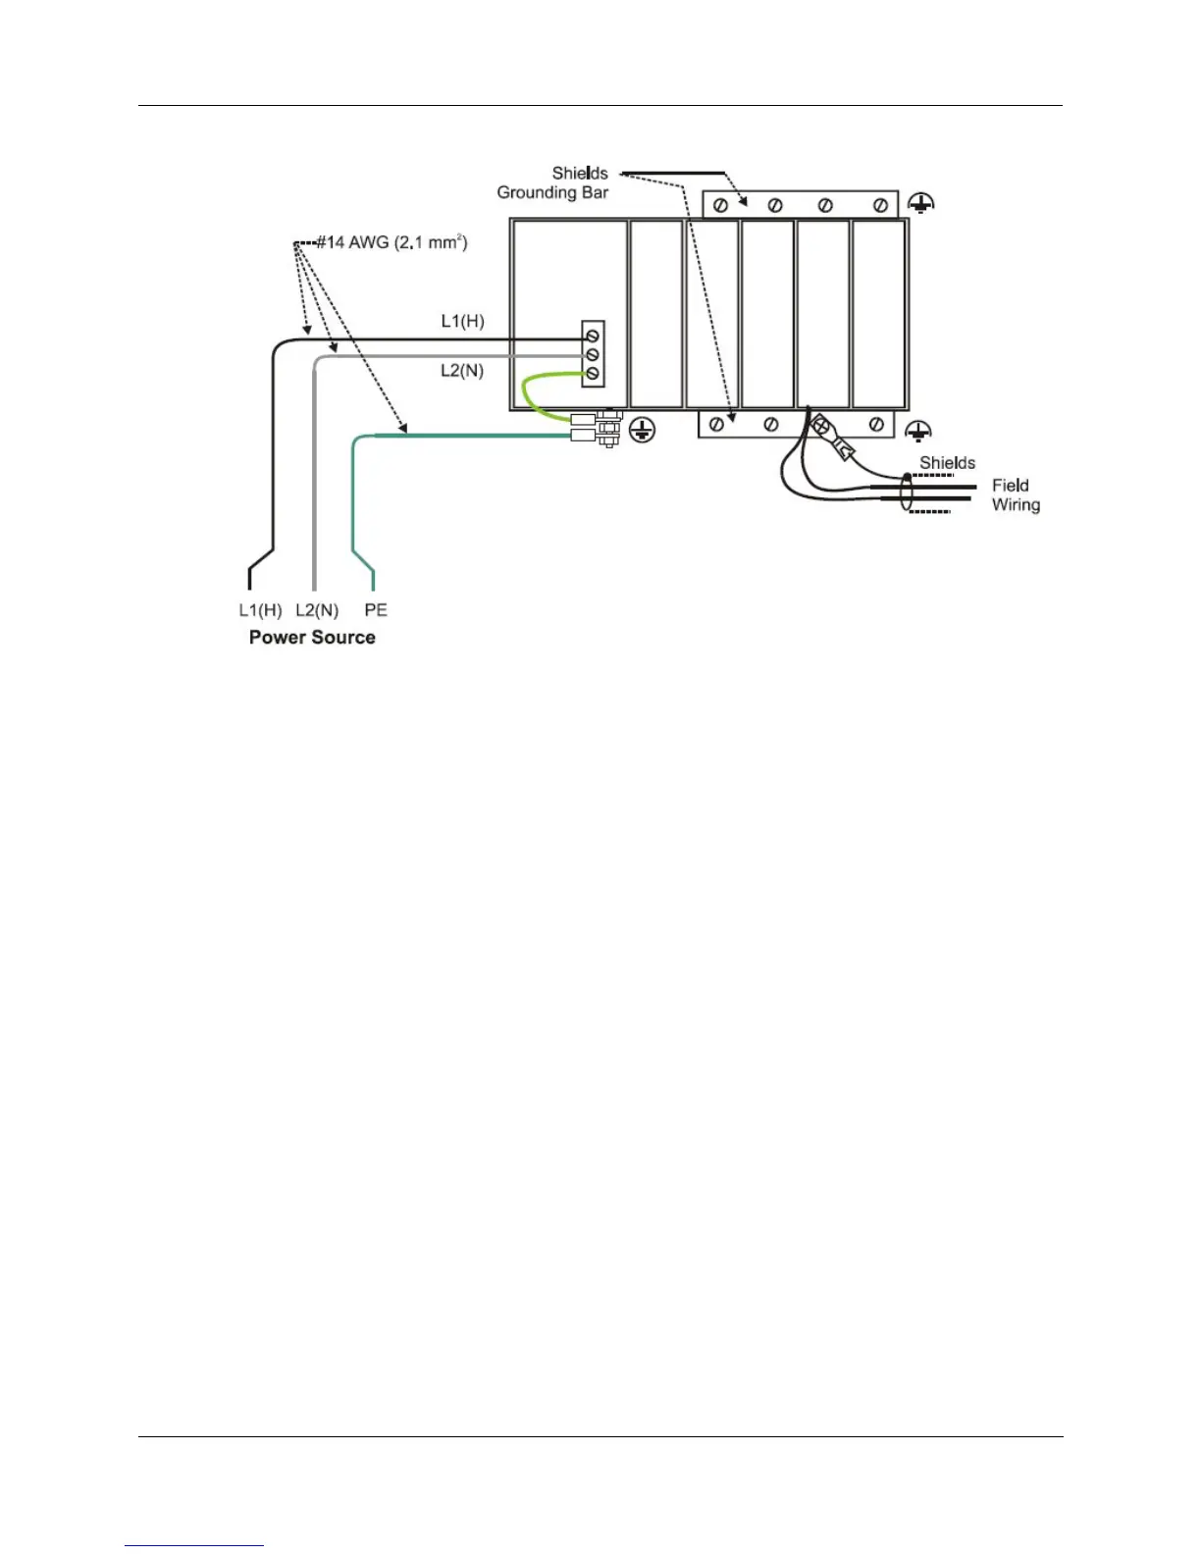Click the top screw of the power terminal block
593,336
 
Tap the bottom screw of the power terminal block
593,374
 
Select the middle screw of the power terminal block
593,354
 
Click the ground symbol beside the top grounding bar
919,204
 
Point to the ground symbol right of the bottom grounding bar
916,431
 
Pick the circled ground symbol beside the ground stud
641,429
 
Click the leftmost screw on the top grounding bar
721,205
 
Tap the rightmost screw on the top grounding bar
880,205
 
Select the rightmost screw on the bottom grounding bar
877,425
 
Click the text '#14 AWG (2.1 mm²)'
391,242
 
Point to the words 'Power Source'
312,638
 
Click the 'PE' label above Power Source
376,610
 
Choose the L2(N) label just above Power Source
317,610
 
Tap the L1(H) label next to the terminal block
462,321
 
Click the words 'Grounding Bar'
552,192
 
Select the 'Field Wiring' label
1016,495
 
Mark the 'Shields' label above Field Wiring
947,463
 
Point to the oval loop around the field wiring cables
907,492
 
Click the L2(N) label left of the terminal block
462,371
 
